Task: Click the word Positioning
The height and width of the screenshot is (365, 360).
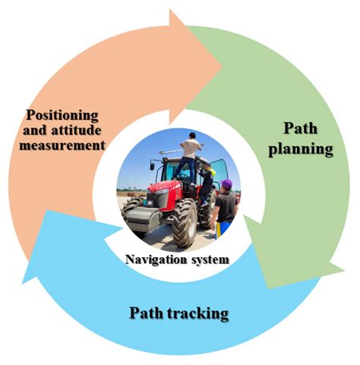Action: [x=63, y=115]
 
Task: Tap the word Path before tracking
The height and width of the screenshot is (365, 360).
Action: [x=145, y=312]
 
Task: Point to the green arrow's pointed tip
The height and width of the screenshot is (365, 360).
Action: [x=270, y=288]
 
